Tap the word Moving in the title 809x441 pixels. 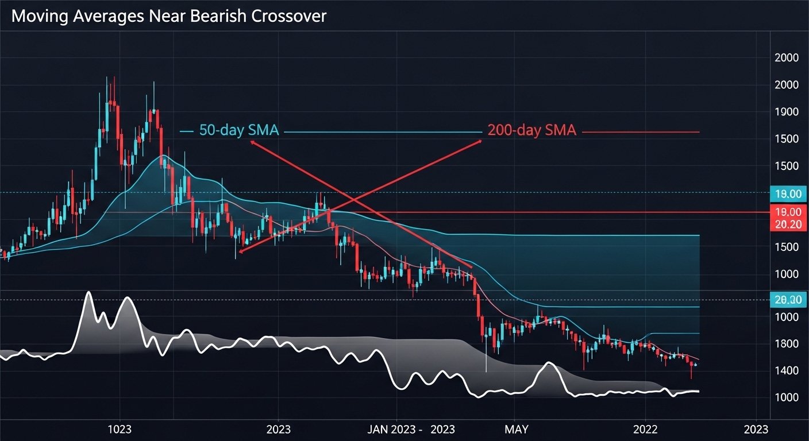point(38,16)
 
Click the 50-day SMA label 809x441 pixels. point(238,130)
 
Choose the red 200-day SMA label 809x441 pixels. point(531,130)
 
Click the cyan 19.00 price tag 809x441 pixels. point(788,195)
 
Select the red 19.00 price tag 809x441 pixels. point(788,212)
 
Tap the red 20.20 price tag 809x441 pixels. point(788,225)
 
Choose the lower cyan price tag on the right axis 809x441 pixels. point(788,300)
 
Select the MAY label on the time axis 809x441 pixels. point(516,430)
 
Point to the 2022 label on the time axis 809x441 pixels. point(645,430)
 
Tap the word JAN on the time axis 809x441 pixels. point(379,430)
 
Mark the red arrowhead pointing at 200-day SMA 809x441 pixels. point(479,141)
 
